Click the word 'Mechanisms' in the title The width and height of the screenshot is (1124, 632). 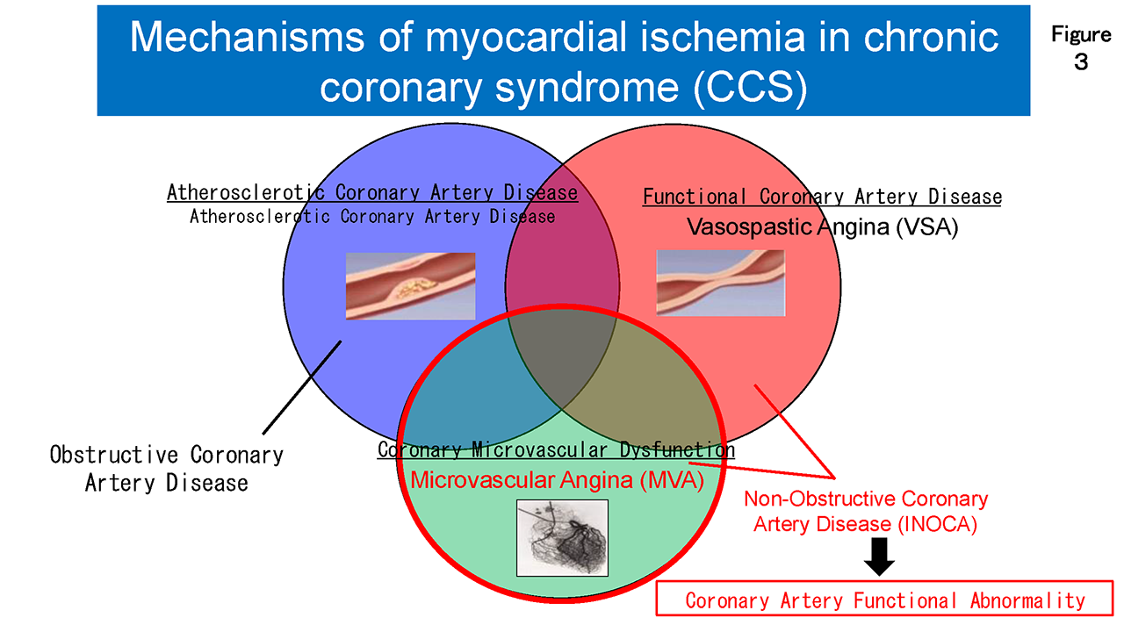coord(247,37)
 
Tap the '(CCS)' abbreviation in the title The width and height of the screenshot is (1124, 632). coord(750,87)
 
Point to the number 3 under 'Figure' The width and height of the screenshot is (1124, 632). coord(1081,62)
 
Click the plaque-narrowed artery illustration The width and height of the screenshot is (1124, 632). coord(410,286)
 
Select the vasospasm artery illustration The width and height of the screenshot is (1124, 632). coord(721,283)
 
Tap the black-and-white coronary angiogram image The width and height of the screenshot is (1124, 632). coord(562,538)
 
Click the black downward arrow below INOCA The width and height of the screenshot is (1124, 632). coord(879,557)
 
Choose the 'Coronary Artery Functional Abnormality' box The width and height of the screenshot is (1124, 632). coord(884,599)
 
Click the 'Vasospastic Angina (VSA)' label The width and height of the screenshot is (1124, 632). coord(823,226)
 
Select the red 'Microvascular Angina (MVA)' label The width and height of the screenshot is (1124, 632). coord(557,480)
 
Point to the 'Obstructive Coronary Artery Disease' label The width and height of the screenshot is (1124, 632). coord(167,469)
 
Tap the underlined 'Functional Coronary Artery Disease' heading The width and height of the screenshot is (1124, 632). coord(822,197)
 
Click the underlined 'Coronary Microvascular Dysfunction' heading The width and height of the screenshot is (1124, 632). coord(556,450)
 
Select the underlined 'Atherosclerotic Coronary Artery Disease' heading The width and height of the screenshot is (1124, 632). coord(372,192)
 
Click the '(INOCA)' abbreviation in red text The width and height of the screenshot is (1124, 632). coord(937,524)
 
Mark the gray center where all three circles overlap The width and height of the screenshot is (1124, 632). coord(561,361)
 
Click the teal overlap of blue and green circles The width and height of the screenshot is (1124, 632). coord(466,381)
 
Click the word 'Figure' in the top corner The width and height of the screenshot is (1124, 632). coord(1081,34)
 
